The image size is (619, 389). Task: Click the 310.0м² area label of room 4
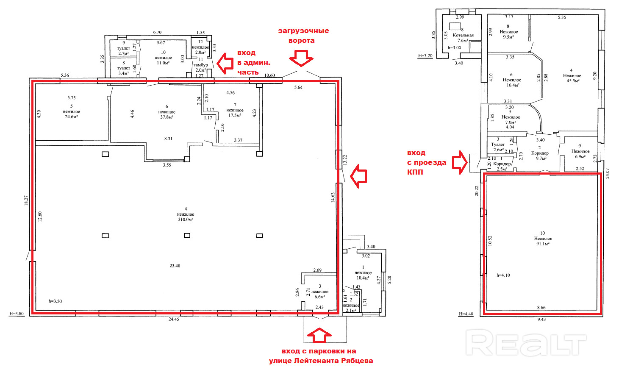[186, 220]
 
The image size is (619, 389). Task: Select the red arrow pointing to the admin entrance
[225, 63]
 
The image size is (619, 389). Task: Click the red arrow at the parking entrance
[319, 336]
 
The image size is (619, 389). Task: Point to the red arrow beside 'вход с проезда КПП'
[460, 162]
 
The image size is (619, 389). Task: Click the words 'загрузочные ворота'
[303, 36]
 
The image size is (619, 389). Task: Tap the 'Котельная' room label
[463, 35]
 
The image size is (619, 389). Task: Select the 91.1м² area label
[543, 244]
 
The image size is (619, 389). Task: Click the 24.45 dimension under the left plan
[175, 319]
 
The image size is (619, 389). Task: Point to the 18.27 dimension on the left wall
[26, 200]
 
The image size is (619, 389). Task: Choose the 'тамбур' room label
[201, 65]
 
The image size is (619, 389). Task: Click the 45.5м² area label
[572, 81]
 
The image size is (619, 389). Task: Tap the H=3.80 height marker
[17, 314]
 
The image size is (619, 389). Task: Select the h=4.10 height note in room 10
[503, 275]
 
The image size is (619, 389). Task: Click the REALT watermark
[526, 342]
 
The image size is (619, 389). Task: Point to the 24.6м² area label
[71, 117]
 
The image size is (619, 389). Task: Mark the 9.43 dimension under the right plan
[541, 319]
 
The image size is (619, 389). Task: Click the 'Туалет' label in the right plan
[498, 144]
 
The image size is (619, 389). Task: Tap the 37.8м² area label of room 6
[167, 117]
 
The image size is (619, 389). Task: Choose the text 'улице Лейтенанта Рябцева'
[321, 361]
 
